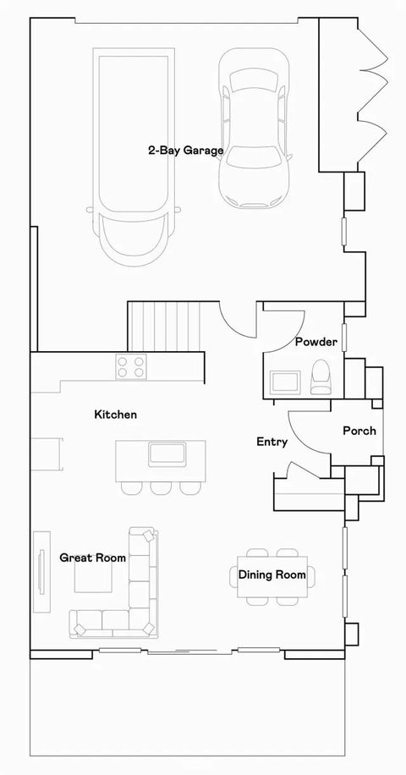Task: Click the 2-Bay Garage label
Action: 186,151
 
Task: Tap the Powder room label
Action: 316,342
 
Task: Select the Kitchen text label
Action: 115,415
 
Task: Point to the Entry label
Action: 272,442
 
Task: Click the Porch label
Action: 359,431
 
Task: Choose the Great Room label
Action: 93,558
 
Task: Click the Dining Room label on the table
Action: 272,575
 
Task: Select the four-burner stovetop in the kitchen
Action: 132,367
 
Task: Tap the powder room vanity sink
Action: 283,382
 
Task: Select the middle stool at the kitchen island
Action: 161,487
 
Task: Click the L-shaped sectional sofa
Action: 140,592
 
